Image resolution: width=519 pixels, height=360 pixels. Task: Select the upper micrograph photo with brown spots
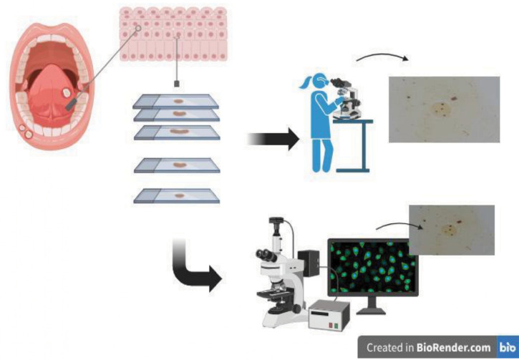tap(444, 109)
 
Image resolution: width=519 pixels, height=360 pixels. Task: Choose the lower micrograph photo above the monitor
tap(451, 229)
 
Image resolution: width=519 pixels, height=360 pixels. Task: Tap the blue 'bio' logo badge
tap(508, 347)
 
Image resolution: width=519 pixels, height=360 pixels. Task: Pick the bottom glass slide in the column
tap(175, 195)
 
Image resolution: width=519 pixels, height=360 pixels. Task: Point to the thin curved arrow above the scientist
tap(383, 59)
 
